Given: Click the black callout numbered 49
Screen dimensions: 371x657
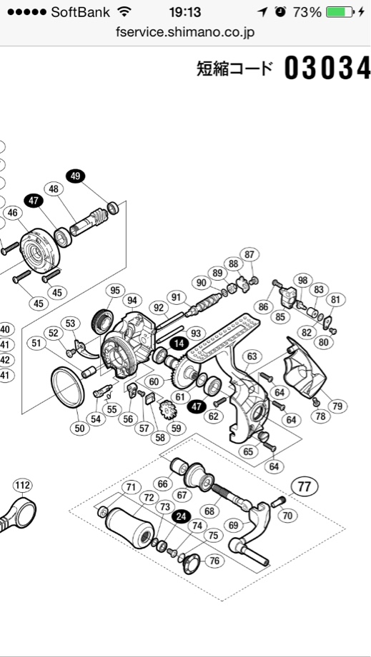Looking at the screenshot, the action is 76,176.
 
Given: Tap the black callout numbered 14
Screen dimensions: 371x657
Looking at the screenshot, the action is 179,343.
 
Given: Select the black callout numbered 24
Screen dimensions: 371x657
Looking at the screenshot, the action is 181,516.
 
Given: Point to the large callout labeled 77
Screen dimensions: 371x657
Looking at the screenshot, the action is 305,487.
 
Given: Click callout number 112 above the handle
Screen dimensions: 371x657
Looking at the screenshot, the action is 22,485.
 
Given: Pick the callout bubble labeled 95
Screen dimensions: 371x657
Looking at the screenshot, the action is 115,290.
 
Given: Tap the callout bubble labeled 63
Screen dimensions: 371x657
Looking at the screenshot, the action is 252,356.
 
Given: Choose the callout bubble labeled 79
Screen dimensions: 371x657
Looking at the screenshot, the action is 337,406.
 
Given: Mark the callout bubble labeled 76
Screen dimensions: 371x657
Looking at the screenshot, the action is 214,561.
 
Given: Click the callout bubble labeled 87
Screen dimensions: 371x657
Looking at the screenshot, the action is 249,254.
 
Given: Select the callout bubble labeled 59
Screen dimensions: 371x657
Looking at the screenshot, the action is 176,428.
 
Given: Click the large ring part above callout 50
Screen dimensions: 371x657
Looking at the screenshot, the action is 67,387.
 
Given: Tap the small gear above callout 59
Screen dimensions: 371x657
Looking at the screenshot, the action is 168,409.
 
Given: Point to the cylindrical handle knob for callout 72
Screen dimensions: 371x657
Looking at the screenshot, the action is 128,527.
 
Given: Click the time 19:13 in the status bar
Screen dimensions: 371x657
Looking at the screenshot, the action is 185,12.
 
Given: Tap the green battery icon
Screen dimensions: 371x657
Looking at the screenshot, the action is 340,12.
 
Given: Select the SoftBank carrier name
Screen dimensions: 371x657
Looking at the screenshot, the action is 81,12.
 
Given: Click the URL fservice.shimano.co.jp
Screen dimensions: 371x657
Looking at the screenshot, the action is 185,32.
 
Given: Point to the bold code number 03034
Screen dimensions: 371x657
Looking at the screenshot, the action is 327,69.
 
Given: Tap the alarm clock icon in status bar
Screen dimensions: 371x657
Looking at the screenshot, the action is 280,12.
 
